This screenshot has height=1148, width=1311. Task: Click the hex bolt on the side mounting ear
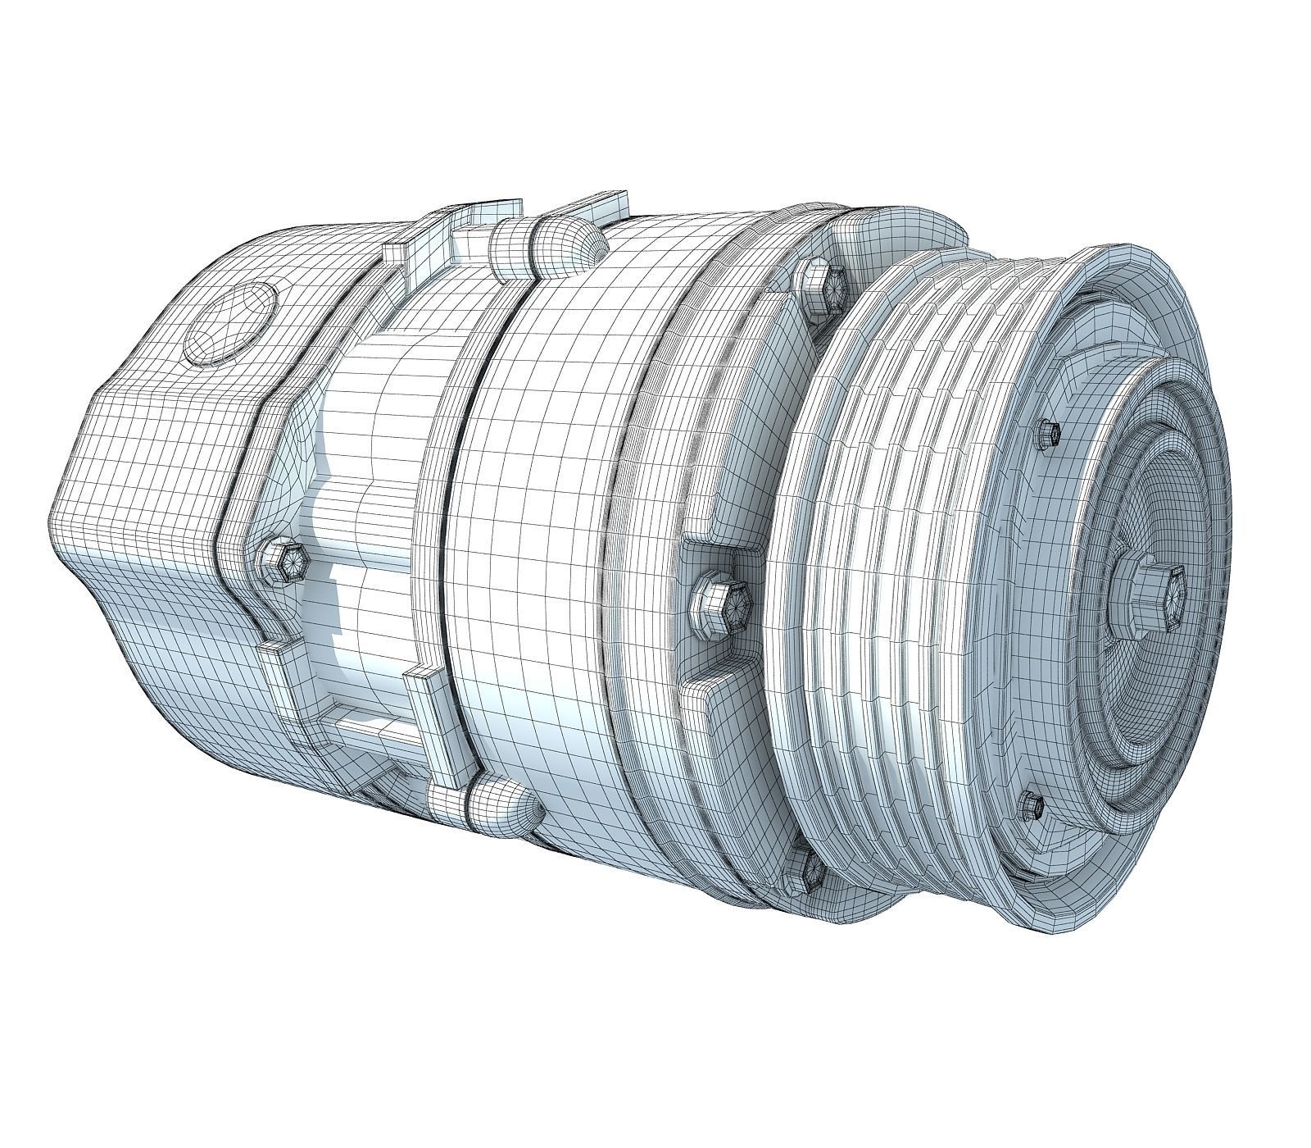point(721,604)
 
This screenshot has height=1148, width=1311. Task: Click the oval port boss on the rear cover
point(232,321)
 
